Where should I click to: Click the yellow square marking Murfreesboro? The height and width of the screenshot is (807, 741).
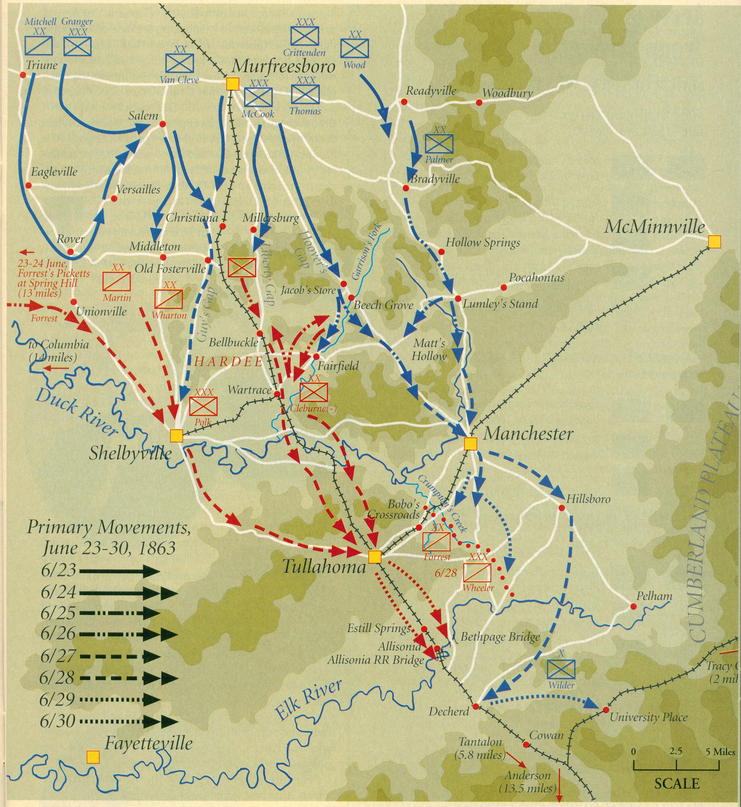pyautogui.click(x=233, y=84)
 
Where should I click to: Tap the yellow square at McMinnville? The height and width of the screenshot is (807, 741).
pyautogui.click(x=714, y=242)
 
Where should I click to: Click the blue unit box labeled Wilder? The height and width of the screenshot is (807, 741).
pyautogui.click(x=561, y=669)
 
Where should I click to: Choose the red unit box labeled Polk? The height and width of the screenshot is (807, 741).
pyautogui.click(x=203, y=406)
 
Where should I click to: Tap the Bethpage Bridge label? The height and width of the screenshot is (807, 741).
pyautogui.click(x=500, y=637)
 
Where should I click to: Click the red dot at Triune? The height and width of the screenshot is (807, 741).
pyautogui.click(x=23, y=75)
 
